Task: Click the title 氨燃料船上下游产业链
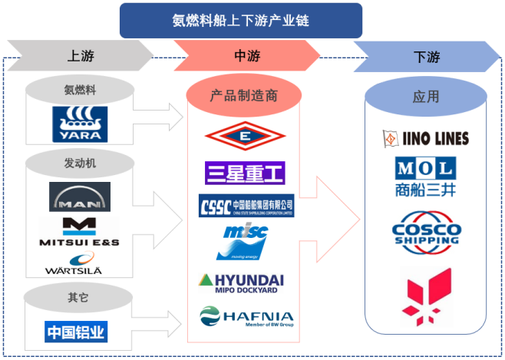click(240, 20)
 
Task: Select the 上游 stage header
click(81, 56)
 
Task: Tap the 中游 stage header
click(246, 56)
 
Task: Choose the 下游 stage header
click(426, 56)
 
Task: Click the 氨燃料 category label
click(81, 90)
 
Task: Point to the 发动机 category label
click(81, 163)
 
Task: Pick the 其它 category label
click(81, 297)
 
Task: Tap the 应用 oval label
click(426, 97)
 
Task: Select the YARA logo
click(80, 124)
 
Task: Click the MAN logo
click(80, 197)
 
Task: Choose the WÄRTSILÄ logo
click(80, 263)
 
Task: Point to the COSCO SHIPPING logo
click(426, 230)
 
